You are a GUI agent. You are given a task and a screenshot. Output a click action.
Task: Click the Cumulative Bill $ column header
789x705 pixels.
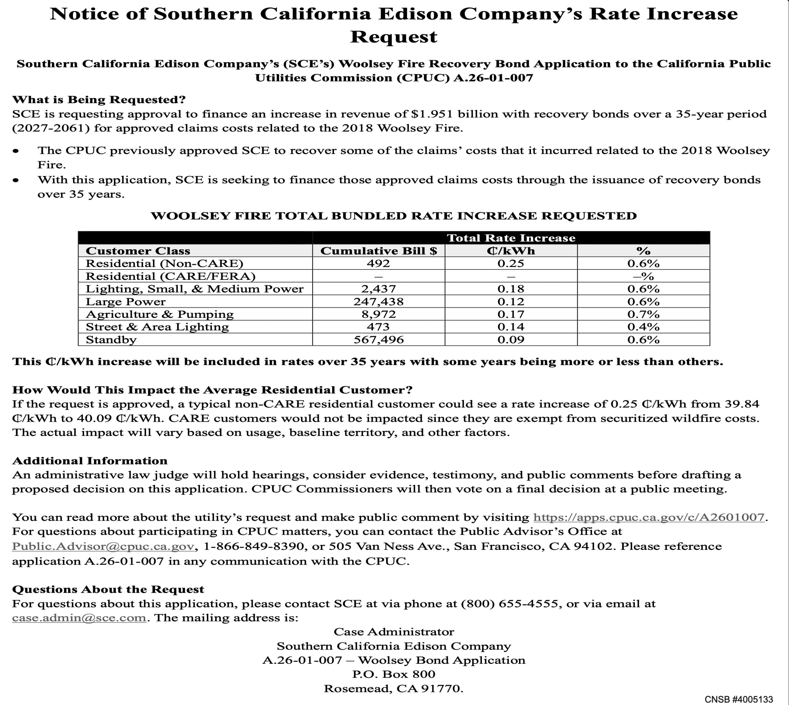(x=378, y=251)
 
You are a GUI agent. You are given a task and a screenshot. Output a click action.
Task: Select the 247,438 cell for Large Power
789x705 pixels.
(x=378, y=301)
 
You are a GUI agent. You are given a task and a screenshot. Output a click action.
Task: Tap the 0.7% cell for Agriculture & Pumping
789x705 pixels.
(x=643, y=314)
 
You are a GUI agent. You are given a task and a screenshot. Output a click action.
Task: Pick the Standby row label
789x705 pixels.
(x=111, y=340)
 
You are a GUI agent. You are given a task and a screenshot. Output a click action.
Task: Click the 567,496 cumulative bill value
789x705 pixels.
(x=378, y=340)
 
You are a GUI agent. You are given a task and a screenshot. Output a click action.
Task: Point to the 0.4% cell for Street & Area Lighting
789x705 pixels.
(x=643, y=327)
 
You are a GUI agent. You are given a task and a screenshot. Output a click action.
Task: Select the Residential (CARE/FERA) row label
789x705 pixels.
(x=171, y=276)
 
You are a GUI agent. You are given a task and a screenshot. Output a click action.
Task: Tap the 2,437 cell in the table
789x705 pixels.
(x=378, y=288)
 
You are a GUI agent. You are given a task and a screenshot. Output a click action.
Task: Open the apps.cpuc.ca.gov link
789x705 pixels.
(x=649, y=517)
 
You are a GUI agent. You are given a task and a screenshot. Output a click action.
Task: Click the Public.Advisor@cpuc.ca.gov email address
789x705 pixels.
(x=103, y=546)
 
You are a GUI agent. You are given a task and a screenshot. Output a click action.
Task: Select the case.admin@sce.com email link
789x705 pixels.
(x=79, y=618)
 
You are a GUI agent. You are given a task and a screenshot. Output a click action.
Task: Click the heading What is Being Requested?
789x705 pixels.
(x=99, y=99)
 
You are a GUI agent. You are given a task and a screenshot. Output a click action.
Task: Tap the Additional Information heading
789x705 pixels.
(x=90, y=461)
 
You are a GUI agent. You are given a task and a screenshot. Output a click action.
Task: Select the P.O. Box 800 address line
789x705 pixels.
(x=394, y=674)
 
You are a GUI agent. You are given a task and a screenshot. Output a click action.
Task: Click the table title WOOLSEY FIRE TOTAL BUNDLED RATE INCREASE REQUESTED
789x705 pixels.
(x=394, y=216)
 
